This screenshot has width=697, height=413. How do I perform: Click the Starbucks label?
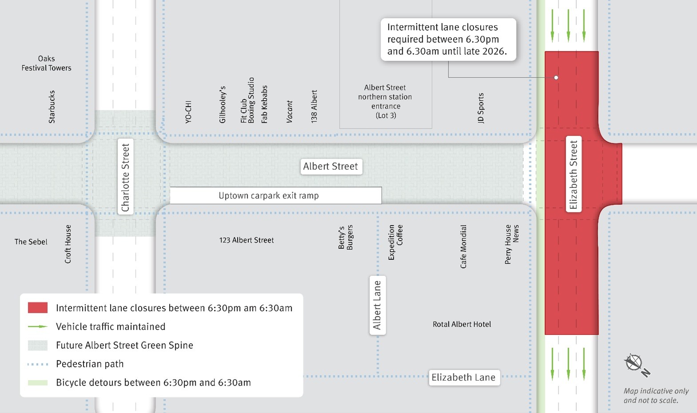(x=52, y=107)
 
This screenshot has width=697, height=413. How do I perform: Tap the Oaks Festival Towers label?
(x=46, y=63)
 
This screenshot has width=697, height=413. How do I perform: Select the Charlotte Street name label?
(x=126, y=177)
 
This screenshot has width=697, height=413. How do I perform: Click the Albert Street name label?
(x=331, y=167)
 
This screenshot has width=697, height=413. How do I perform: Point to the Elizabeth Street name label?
(x=573, y=174)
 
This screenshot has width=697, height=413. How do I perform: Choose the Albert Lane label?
(x=377, y=305)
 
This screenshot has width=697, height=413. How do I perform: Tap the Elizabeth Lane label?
(x=463, y=377)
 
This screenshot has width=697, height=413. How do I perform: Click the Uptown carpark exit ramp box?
(x=275, y=196)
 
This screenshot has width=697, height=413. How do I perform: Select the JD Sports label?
(x=481, y=108)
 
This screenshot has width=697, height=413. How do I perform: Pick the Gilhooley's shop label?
(x=222, y=104)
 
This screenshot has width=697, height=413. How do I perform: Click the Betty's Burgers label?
(x=346, y=238)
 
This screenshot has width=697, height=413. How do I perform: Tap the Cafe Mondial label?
(x=463, y=246)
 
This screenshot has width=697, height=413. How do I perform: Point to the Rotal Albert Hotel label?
(x=462, y=324)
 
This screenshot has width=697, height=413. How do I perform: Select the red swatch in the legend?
(x=38, y=308)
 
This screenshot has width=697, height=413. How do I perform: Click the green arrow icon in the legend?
(x=38, y=326)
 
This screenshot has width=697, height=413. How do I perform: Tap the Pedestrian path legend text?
(x=90, y=364)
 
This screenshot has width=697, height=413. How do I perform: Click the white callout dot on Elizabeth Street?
(x=556, y=78)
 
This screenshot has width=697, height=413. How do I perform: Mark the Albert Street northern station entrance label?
(x=385, y=102)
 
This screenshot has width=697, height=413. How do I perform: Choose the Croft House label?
(x=68, y=244)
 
